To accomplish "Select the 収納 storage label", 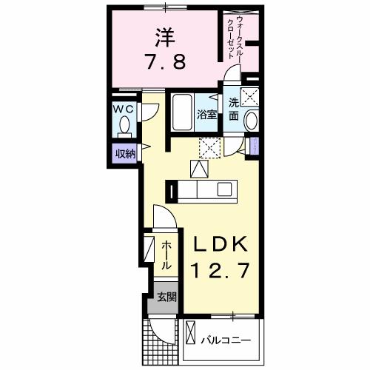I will point(125,154).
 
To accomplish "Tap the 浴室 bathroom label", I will point(206,114).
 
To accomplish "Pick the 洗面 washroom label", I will point(234,109).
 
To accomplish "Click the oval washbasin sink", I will point(251,121).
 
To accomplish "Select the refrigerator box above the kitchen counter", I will point(199,169).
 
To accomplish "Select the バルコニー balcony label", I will point(226,341).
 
